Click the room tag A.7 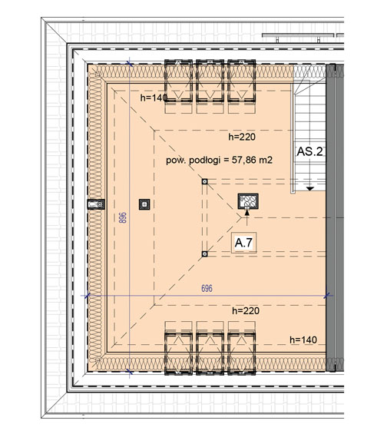[x=243, y=243]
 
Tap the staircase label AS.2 [x=309, y=151]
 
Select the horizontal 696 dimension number [x=207, y=288]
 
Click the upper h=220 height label [x=242, y=137]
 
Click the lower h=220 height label [x=246, y=310]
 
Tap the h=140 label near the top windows [x=154, y=98]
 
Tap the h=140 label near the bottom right [x=303, y=340]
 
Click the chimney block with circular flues [x=248, y=201]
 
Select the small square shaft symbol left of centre [x=144, y=204]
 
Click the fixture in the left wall [x=96, y=204]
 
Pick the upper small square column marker [x=205, y=181]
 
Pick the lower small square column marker [x=205, y=253]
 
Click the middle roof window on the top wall [x=210, y=81]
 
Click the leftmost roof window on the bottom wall [x=178, y=354]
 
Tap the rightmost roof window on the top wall [x=242, y=81]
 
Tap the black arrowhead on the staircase [x=310, y=188]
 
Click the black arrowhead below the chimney [x=247, y=212]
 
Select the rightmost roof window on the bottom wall [x=242, y=354]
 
